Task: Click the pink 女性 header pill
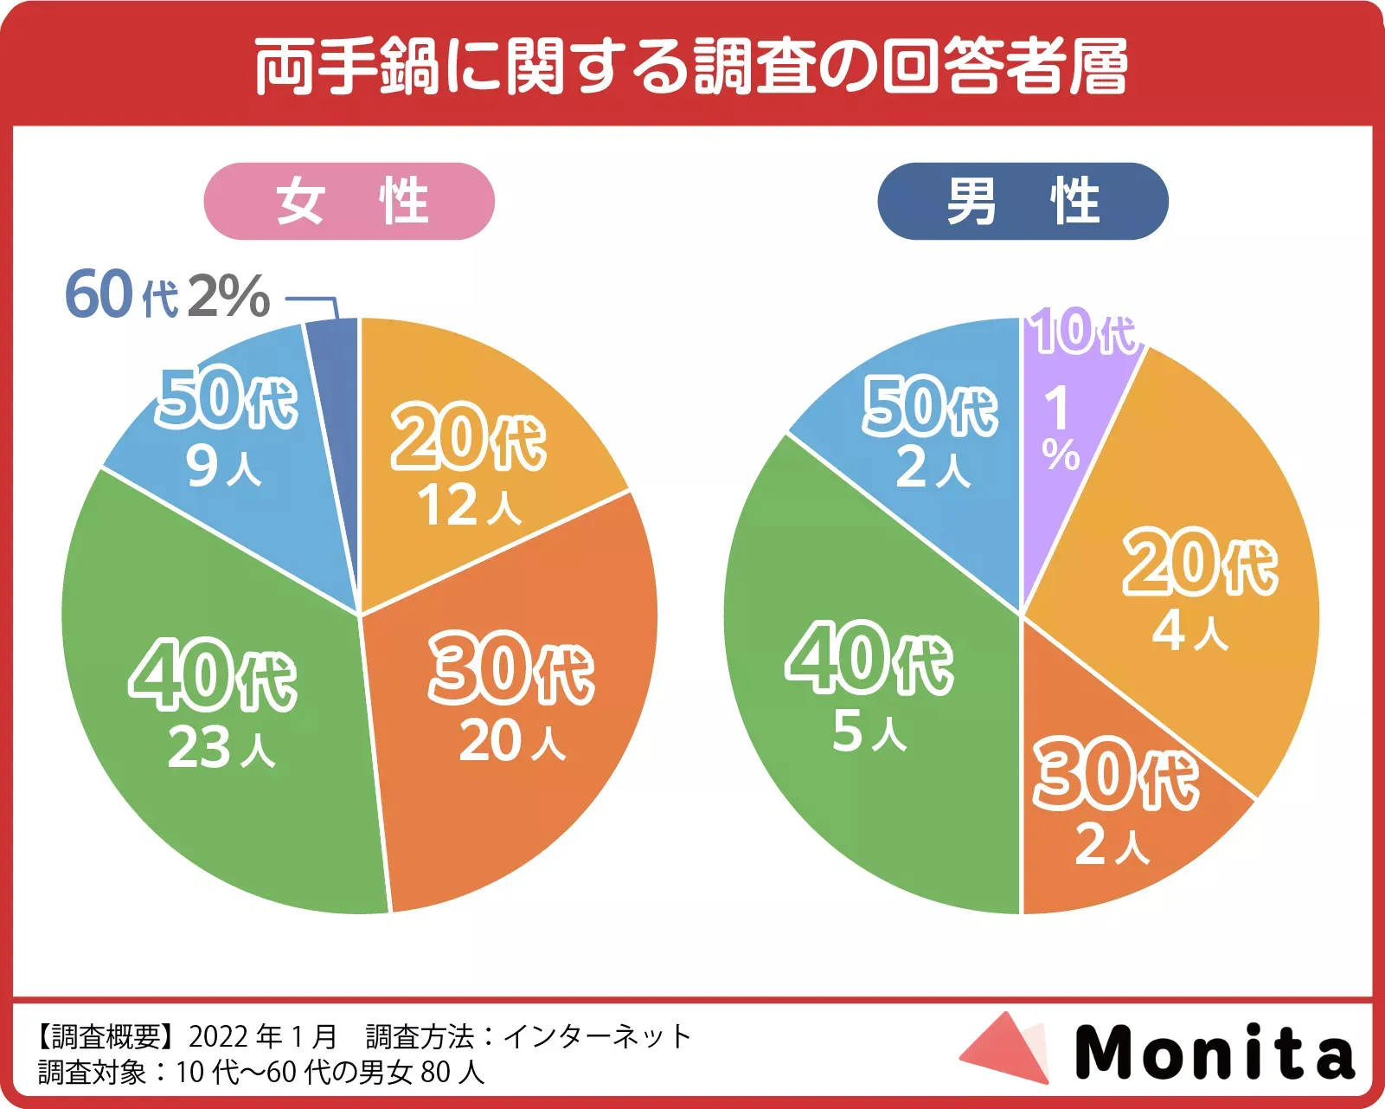click(349, 201)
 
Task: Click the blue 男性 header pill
click(1023, 201)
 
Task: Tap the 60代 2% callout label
click(167, 295)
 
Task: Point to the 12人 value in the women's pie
click(469, 506)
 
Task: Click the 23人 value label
click(221, 747)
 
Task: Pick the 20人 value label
click(512, 741)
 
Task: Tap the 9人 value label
click(223, 467)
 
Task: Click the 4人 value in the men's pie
click(1189, 630)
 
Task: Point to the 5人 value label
click(869, 732)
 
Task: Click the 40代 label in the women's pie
click(214, 674)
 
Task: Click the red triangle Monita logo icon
click(1008, 1048)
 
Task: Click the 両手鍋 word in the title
click(348, 67)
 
